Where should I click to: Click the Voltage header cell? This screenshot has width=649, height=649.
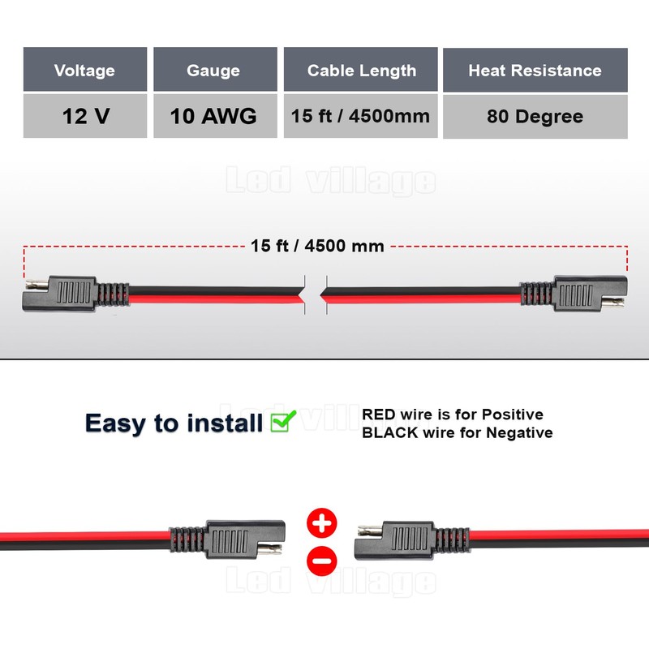coord(85,71)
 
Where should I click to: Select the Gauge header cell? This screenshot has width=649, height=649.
coord(213,71)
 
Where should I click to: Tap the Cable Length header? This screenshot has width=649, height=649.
coord(361,71)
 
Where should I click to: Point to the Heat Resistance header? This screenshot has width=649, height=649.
coord(535,71)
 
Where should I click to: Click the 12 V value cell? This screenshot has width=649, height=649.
coord(85,116)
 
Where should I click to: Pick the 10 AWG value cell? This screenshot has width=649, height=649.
coord(213,116)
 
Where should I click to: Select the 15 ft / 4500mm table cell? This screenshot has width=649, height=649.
coord(361,116)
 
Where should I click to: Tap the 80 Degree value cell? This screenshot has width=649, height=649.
coord(535,116)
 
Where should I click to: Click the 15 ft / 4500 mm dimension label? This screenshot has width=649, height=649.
coord(317,246)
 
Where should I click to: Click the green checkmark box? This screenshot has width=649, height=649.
coord(283,421)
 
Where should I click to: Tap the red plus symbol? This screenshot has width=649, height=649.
coord(322,523)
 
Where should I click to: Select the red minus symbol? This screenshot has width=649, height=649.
coord(322,559)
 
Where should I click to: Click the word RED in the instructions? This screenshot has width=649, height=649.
coord(380,415)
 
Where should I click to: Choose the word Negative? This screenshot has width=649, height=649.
coord(519,432)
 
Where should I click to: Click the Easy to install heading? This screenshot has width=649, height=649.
coord(174,423)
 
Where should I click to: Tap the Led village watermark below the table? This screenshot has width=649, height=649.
coord(330,182)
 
